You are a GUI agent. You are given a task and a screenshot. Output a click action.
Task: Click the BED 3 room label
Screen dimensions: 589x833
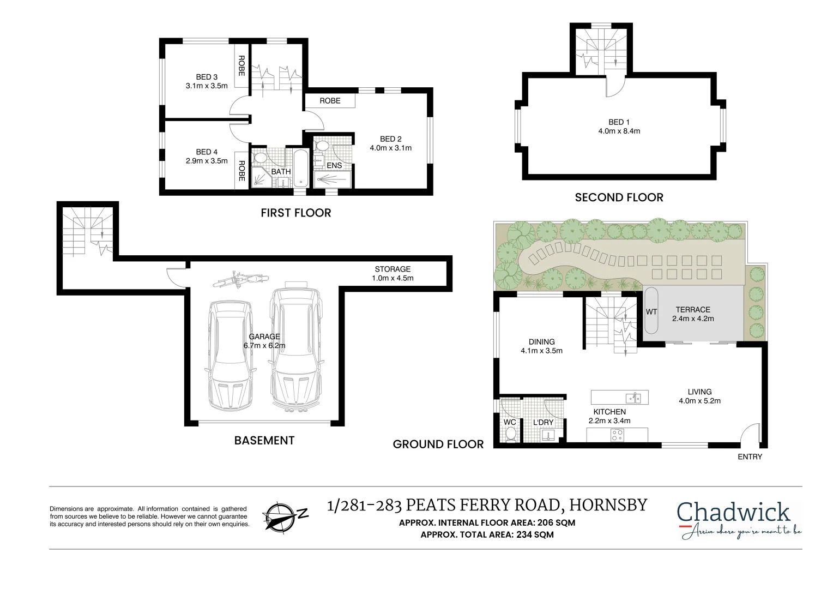[x=207, y=77]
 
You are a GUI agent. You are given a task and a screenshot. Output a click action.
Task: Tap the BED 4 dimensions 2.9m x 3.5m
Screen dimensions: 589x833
[x=207, y=161]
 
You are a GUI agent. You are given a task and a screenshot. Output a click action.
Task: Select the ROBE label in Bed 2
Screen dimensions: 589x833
[x=330, y=101]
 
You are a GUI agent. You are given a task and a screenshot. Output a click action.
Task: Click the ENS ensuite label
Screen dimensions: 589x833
[x=334, y=165]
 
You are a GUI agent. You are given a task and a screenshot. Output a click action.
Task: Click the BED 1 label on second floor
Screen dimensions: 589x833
[x=619, y=122]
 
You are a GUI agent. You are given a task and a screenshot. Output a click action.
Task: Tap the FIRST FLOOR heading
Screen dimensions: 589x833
[x=295, y=213]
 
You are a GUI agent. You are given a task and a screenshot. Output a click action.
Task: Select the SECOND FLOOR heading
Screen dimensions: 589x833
[x=619, y=197]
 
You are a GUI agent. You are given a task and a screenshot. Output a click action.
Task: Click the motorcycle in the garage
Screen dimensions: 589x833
[x=240, y=280]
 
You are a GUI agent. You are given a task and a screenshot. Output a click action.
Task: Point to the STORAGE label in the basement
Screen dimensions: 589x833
[x=393, y=269]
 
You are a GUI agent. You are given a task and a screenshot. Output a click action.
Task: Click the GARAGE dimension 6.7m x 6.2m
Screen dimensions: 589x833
[x=264, y=345]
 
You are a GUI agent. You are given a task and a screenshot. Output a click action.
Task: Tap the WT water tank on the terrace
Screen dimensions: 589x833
[x=651, y=311]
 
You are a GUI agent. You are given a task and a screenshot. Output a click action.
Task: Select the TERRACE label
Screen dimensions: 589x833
[x=693, y=309]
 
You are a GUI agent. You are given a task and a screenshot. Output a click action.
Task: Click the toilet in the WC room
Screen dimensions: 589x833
[x=511, y=434]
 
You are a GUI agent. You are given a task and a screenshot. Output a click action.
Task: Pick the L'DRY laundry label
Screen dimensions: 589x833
[x=543, y=423]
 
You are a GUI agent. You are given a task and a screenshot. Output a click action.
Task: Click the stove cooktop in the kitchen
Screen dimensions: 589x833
[x=617, y=435]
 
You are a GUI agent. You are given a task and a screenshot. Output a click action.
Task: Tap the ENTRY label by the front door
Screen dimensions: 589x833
[x=750, y=456]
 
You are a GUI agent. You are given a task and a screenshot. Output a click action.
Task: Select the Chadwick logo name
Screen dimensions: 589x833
[x=733, y=513]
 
